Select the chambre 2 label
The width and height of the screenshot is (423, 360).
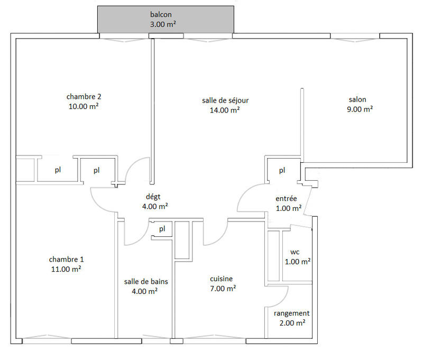click(x=84, y=97)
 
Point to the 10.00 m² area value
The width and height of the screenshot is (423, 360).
click(x=84, y=106)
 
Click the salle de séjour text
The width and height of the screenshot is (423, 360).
click(x=225, y=100)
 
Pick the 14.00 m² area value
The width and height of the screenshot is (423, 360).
click(x=225, y=110)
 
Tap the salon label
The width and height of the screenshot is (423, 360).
click(x=357, y=99)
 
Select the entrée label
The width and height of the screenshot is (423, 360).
click(x=286, y=198)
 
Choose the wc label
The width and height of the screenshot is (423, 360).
click(x=295, y=252)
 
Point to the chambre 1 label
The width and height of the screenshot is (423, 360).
click(x=66, y=259)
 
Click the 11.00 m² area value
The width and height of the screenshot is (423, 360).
click(x=66, y=269)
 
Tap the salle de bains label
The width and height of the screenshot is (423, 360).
click(x=141, y=281)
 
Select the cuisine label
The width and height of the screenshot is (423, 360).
click(x=221, y=279)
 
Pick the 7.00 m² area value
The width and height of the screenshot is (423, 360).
click(x=223, y=289)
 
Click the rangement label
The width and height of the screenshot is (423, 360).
click(x=291, y=313)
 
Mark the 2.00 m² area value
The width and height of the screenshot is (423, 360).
click(x=291, y=322)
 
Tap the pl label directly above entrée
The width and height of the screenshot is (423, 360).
click(x=282, y=170)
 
